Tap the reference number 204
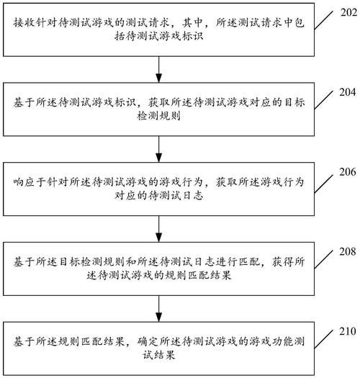click(x=345, y=92)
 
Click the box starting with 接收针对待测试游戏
click(x=158, y=30)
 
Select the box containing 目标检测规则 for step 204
click(x=158, y=109)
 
